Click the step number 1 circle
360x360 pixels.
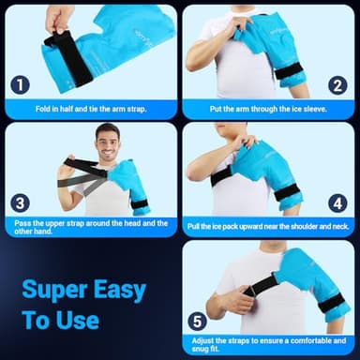point(21,84)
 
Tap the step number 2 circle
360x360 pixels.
point(337,84)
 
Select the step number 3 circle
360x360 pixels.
point(21,202)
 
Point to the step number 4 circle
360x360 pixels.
point(337,202)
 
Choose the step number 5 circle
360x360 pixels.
point(199,319)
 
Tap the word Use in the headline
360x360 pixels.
point(77,320)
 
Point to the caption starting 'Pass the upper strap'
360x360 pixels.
point(91,227)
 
